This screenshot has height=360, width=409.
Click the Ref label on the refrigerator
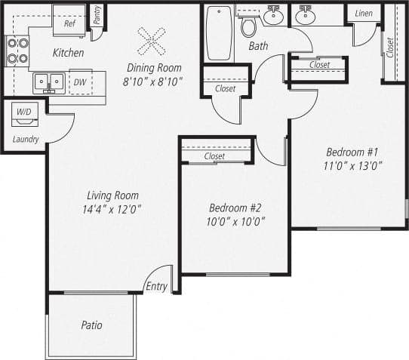coord(69,23)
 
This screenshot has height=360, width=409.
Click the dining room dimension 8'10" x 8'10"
coord(153,82)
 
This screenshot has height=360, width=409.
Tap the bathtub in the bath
coord(219,33)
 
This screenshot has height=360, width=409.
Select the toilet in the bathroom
coord(248,27)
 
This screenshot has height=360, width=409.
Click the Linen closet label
coord(362,14)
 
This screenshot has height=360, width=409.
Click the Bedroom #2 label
coord(234,208)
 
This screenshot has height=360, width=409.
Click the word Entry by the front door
coord(156,286)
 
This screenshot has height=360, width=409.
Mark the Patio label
coord(91,325)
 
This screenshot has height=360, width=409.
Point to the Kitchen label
coord(68,54)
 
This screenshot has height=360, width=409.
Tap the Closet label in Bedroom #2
coord(215,156)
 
